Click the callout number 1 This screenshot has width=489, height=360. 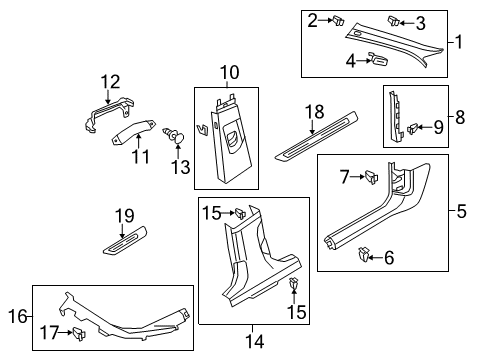coord(459,42)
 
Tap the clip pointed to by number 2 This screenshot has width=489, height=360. coord(338,21)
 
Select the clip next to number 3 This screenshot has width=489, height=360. coord(393,21)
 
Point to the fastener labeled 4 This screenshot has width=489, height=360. coord(378,59)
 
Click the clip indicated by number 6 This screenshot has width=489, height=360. coord(364,255)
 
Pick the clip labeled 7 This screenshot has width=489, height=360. coord(372,176)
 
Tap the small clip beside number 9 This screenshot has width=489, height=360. coord(413,128)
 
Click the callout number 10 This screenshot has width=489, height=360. coord(230,73)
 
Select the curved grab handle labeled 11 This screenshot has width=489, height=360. coord(134,133)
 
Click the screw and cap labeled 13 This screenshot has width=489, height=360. coord(175,135)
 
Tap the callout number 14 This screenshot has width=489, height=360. coord(255,341)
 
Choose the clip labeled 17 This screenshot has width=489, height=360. coord(79,334)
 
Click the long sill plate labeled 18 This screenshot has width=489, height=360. coord(316,135)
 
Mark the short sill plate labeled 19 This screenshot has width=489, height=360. coord(125,241)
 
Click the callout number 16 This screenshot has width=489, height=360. coord(18,316)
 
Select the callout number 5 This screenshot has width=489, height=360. coord(462,211)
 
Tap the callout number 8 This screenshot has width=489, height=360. coord(460,117)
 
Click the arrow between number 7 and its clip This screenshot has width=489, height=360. coord(358,176)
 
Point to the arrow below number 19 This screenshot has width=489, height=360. coord(122,231)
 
